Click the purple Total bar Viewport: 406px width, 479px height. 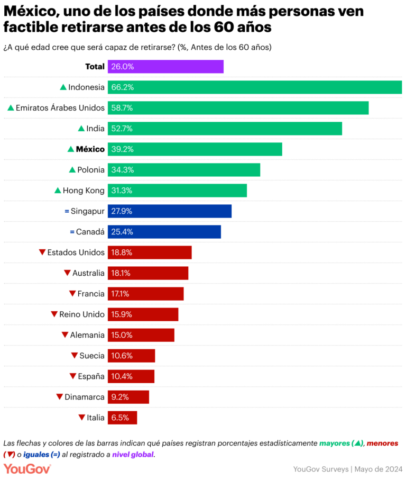point(165,67)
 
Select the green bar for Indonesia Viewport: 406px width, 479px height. point(254,87)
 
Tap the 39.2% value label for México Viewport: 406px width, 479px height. point(122,149)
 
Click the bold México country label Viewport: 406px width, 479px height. point(90,149)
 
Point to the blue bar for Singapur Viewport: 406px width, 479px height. point(169,211)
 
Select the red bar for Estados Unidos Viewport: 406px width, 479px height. point(150,252)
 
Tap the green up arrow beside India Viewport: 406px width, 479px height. point(81,129)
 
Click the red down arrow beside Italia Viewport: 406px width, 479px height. point(81,418)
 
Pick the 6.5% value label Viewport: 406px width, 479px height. point(120,418)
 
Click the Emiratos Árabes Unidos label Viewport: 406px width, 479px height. point(60,108)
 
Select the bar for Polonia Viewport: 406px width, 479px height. point(183,170)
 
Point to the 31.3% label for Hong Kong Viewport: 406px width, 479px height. point(122,191)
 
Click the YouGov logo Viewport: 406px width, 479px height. point(27,468)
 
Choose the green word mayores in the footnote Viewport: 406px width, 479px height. point(335,442)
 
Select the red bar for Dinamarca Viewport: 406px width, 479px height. point(128,397)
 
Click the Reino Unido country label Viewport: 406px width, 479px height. point(81,314)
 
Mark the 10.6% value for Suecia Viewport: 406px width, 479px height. point(122,356)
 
